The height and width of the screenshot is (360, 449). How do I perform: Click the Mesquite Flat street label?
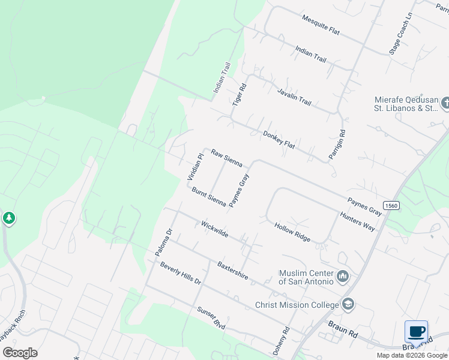click(x=322, y=25)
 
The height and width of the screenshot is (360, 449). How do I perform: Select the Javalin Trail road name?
click(x=294, y=95)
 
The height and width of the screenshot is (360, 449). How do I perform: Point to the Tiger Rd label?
click(x=240, y=95)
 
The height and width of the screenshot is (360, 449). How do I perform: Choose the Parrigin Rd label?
click(x=336, y=145)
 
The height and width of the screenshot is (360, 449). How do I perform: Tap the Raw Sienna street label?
click(x=226, y=159)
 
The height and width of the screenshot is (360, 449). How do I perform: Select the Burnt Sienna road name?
click(x=209, y=197)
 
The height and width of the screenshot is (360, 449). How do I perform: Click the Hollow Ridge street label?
click(x=292, y=232)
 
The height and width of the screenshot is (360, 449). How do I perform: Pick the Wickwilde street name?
click(x=214, y=229)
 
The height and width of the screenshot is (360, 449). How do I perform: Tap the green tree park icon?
click(x=8, y=218)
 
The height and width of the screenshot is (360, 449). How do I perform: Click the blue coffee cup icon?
click(x=416, y=331)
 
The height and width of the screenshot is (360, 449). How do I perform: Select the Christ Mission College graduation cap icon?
click(x=348, y=304)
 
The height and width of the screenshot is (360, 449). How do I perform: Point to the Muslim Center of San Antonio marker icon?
click(x=343, y=277)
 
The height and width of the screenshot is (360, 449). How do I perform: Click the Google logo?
click(x=20, y=353)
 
